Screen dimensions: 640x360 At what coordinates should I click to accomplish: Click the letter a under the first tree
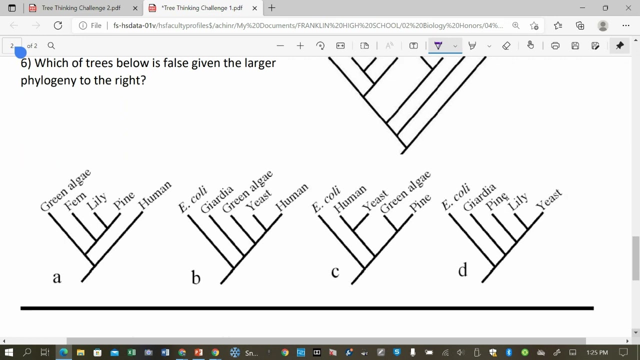[57, 277]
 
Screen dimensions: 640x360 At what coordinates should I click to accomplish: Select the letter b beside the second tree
[195, 277]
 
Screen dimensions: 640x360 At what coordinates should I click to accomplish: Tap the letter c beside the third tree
[335, 271]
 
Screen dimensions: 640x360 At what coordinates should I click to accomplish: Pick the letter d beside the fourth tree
[462, 269]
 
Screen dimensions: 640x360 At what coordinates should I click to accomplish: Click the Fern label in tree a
[75, 201]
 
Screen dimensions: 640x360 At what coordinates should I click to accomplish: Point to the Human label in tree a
[155, 194]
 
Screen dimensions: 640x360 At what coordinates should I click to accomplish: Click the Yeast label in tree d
[549, 199]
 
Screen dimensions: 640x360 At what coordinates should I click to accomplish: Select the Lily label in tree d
[517, 201]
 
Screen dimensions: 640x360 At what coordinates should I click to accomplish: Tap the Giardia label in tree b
[217, 199]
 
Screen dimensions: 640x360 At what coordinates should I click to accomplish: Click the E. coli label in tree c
[326, 199]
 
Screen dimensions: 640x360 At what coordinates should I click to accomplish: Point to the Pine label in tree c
[420, 202]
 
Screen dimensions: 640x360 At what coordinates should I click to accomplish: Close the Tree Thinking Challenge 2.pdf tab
[135, 8]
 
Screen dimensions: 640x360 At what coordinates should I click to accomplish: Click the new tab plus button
[271, 8]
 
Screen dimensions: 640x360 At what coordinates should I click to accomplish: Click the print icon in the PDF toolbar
[555, 45]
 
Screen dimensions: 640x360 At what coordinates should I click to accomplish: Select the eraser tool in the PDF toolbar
[506, 45]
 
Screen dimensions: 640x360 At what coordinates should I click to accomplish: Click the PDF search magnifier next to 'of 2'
[51, 45]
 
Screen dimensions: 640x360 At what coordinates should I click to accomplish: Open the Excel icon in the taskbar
[131, 352]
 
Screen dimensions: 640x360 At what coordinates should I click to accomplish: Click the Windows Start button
[9, 352]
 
